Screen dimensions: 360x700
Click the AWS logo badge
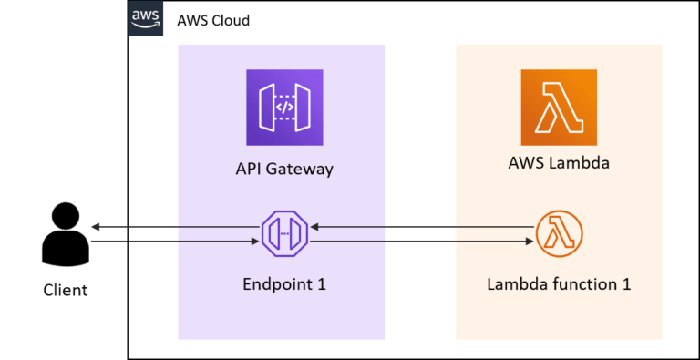[146, 18]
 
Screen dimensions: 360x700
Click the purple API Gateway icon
[284, 107]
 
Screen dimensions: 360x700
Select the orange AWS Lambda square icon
[559, 107]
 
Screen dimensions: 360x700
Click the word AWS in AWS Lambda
[525, 164]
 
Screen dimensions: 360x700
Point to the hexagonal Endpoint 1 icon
[284, 234]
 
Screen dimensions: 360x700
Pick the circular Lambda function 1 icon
[558, 234]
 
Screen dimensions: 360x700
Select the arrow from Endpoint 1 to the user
[173, 227]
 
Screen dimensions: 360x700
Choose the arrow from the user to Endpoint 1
[173, 242]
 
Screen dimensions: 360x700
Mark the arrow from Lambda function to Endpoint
[419, 227]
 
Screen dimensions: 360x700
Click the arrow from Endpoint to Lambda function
[419, 242]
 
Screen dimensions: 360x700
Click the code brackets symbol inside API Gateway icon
[284, 107]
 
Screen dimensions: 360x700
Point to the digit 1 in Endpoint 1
[321, 284]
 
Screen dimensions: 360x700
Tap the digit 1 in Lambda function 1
[626, 284]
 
